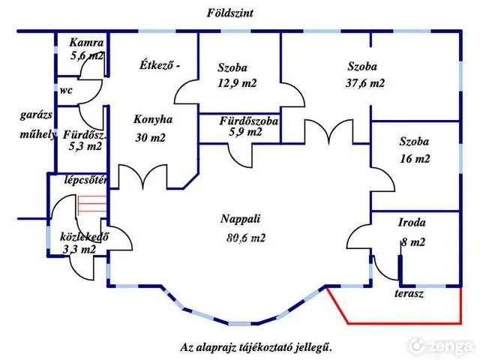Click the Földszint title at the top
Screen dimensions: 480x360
click(230, 13)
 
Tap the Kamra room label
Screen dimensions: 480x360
click(86, 42)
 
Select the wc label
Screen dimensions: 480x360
click(66, 90)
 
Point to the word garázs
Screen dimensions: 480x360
click(36, 115)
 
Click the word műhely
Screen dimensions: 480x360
click(38, 134)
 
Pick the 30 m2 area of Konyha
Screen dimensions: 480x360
click(150, 138)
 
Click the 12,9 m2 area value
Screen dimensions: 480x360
click(237, 83)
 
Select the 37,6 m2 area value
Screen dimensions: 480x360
click(365, 83)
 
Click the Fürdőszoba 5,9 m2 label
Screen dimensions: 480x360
click(248, 126)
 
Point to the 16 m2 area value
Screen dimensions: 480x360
click(415, 158)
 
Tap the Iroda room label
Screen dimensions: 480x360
click(412, 222)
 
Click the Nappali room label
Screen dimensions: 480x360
click(240, 219)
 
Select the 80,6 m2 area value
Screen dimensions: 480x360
click(246, 238)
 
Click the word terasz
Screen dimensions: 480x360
click(409, 293)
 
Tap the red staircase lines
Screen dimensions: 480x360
click(92, 204)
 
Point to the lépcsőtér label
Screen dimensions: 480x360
click(85, 180)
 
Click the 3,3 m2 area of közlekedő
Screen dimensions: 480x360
click(79, 250)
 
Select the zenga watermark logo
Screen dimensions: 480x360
click(441, 346)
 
